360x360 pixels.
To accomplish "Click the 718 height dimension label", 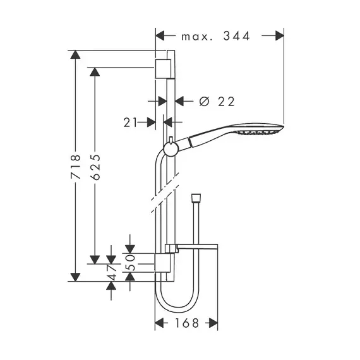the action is [x=76, y=167].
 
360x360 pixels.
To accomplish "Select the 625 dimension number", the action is [x=95, y=167].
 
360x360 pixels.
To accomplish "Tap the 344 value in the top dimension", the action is [x=236, y=36].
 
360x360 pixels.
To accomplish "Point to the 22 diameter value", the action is [x=226, y=102].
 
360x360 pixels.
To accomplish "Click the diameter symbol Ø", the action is [x=205, y=101].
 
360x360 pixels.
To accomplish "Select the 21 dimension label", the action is [x=130, y=123].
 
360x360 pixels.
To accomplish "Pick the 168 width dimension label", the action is [x=187, y=323].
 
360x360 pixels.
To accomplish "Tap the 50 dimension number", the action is [x=130, y=263].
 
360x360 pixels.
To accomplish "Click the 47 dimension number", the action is [x=112, y=272].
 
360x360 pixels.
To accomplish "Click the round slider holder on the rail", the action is [x=171, y=149].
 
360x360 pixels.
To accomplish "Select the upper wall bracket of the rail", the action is [x=163, y=69].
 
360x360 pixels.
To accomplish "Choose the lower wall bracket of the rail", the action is [x=163, y=263].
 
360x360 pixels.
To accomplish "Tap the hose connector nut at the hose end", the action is [x=196, y=198].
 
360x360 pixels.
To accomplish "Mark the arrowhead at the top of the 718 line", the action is [x=75, y=55].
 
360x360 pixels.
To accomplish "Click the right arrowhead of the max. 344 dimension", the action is [x=280, y=36].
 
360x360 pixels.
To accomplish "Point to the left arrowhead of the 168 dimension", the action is [x=159, y=323].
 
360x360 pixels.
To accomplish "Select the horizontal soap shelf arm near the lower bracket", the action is [x=198, y=246].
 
